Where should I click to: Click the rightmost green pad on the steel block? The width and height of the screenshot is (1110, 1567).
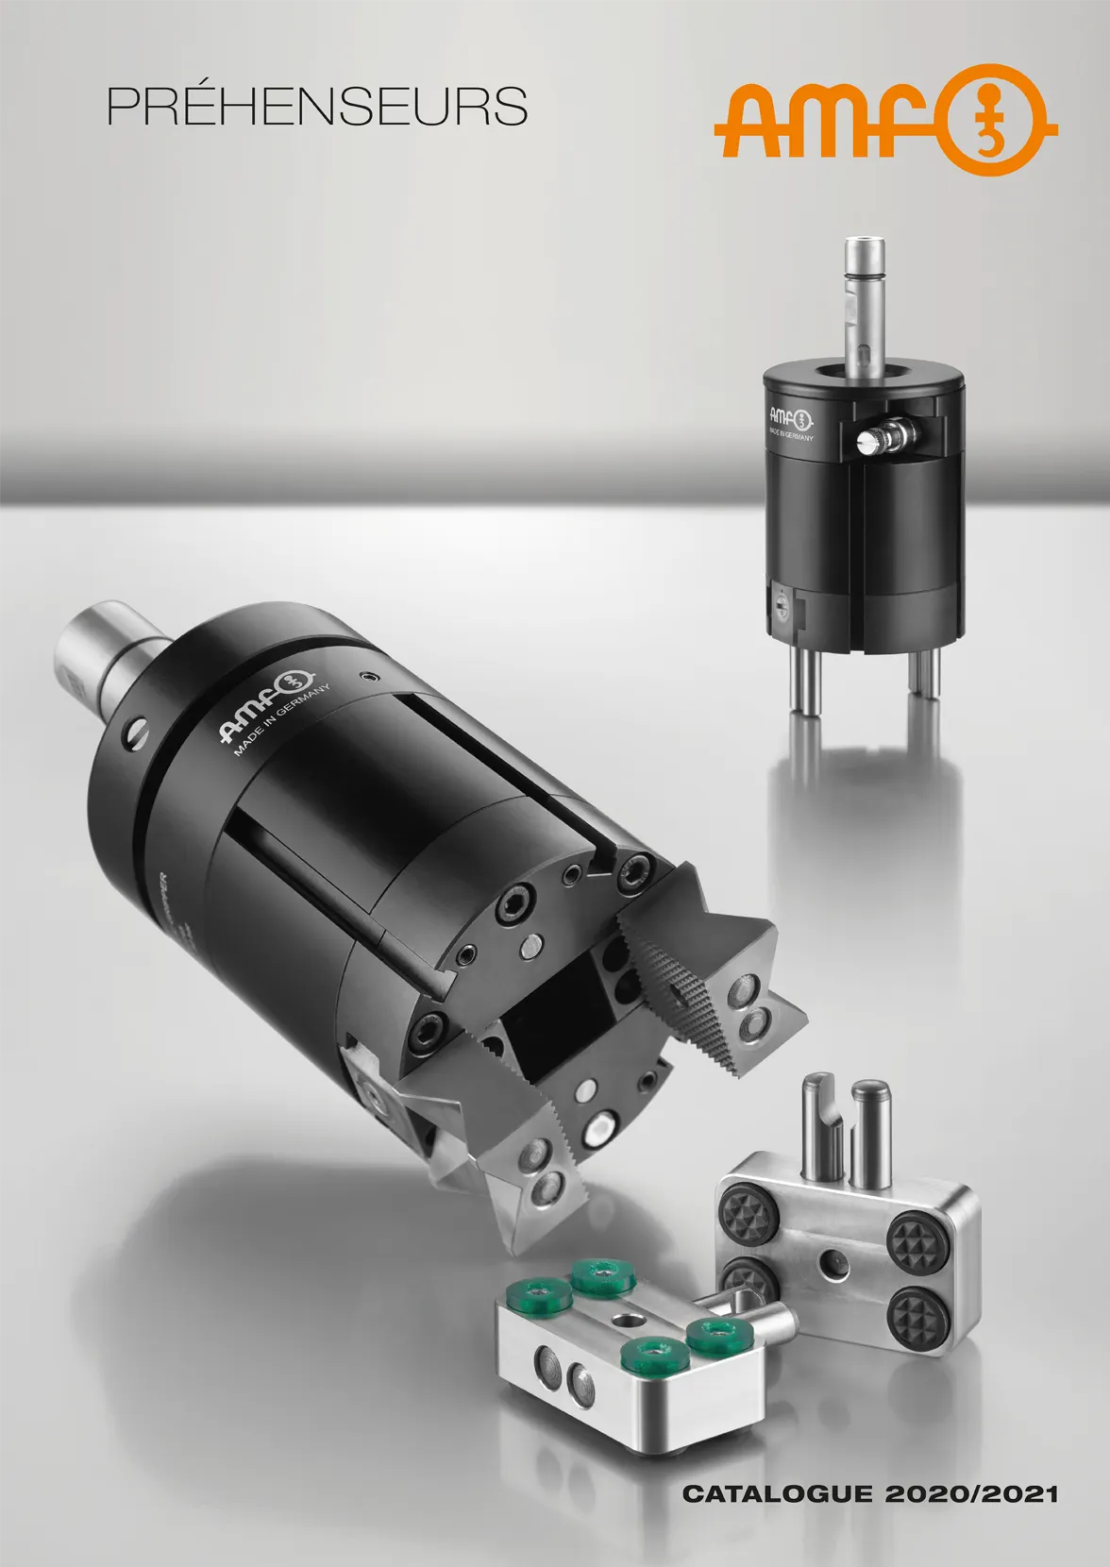pos(717,1334)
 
